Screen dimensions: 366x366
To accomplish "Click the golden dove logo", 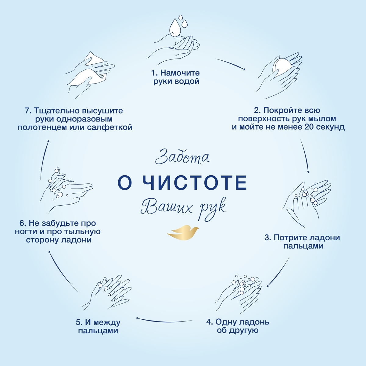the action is point(183,232).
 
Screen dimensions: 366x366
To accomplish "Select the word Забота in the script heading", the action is point(182,157).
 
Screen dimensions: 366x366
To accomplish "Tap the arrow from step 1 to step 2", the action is point(230,64).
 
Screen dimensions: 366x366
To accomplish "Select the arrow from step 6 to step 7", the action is point(45,159).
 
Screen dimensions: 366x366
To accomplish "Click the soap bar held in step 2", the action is point(282,66).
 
